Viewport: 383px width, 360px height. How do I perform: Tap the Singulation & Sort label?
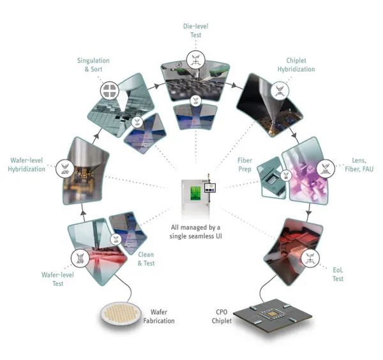(x=94, y=64)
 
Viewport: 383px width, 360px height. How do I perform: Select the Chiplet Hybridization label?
(x=292, y=64)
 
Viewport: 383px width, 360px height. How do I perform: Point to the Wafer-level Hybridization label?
(x=27, y=165)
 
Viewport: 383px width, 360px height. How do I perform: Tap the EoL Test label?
(x=338, y=274)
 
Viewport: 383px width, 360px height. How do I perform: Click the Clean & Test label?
(x=146, y=257)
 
